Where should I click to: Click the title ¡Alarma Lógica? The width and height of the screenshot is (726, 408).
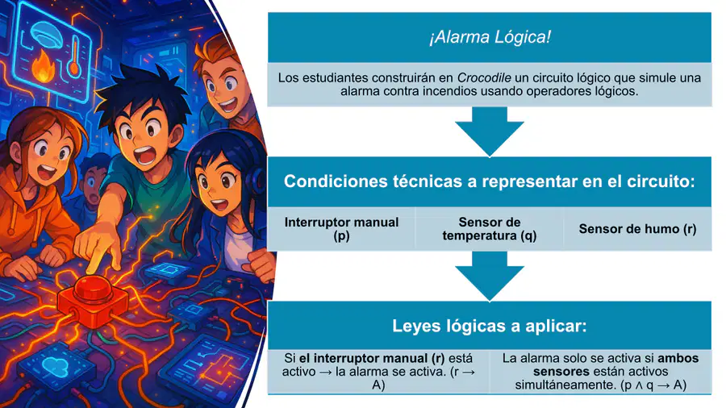click(x=490, y=37)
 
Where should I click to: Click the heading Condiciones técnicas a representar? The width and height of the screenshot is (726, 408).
click(x=490, y=181)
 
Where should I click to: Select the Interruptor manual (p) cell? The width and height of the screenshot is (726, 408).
click(x=342, y=229)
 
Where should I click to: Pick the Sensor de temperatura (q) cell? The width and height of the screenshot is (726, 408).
click(x=490, y=229)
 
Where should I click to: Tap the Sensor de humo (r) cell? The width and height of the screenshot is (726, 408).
click(x=637, y=229)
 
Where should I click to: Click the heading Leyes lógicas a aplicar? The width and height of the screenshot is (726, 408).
click(x=490, y=326)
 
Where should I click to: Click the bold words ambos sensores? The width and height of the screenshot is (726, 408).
click(x=615, y=365)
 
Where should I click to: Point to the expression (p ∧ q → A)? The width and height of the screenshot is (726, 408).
click(x=653, y=385)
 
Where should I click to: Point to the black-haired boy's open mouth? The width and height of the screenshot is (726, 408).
click(x=145, y=155)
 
